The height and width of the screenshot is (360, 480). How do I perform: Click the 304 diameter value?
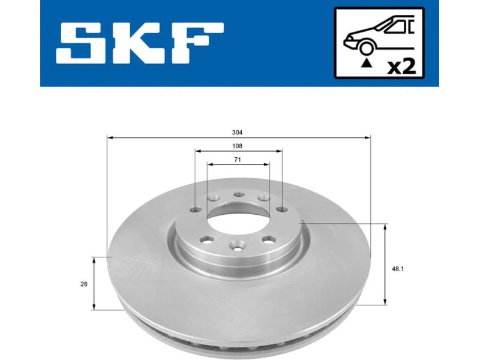239,132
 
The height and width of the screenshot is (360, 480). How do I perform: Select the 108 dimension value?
239,146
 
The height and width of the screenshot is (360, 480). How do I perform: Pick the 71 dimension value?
238,158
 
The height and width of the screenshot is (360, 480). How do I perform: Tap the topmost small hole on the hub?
238,194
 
